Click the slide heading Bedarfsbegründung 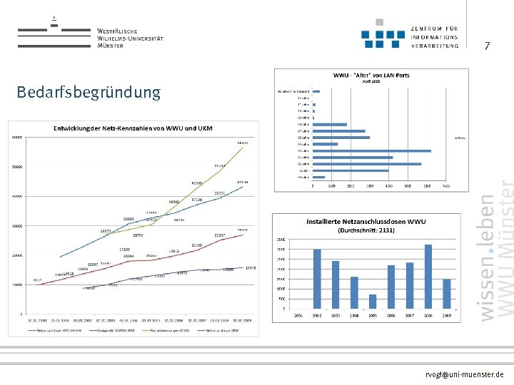[89, 93]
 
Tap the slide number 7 [487, 47]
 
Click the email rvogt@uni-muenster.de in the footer [464, 374]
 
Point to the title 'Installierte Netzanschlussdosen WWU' [366, 222]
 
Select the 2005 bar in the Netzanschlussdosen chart [373, 302]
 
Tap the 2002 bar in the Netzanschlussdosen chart [317, 279]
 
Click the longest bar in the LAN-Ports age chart [372, 150]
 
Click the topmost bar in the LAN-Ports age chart [316, 91]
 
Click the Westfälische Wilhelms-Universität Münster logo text [130, 38]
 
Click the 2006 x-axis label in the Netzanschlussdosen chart [391, 314]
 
